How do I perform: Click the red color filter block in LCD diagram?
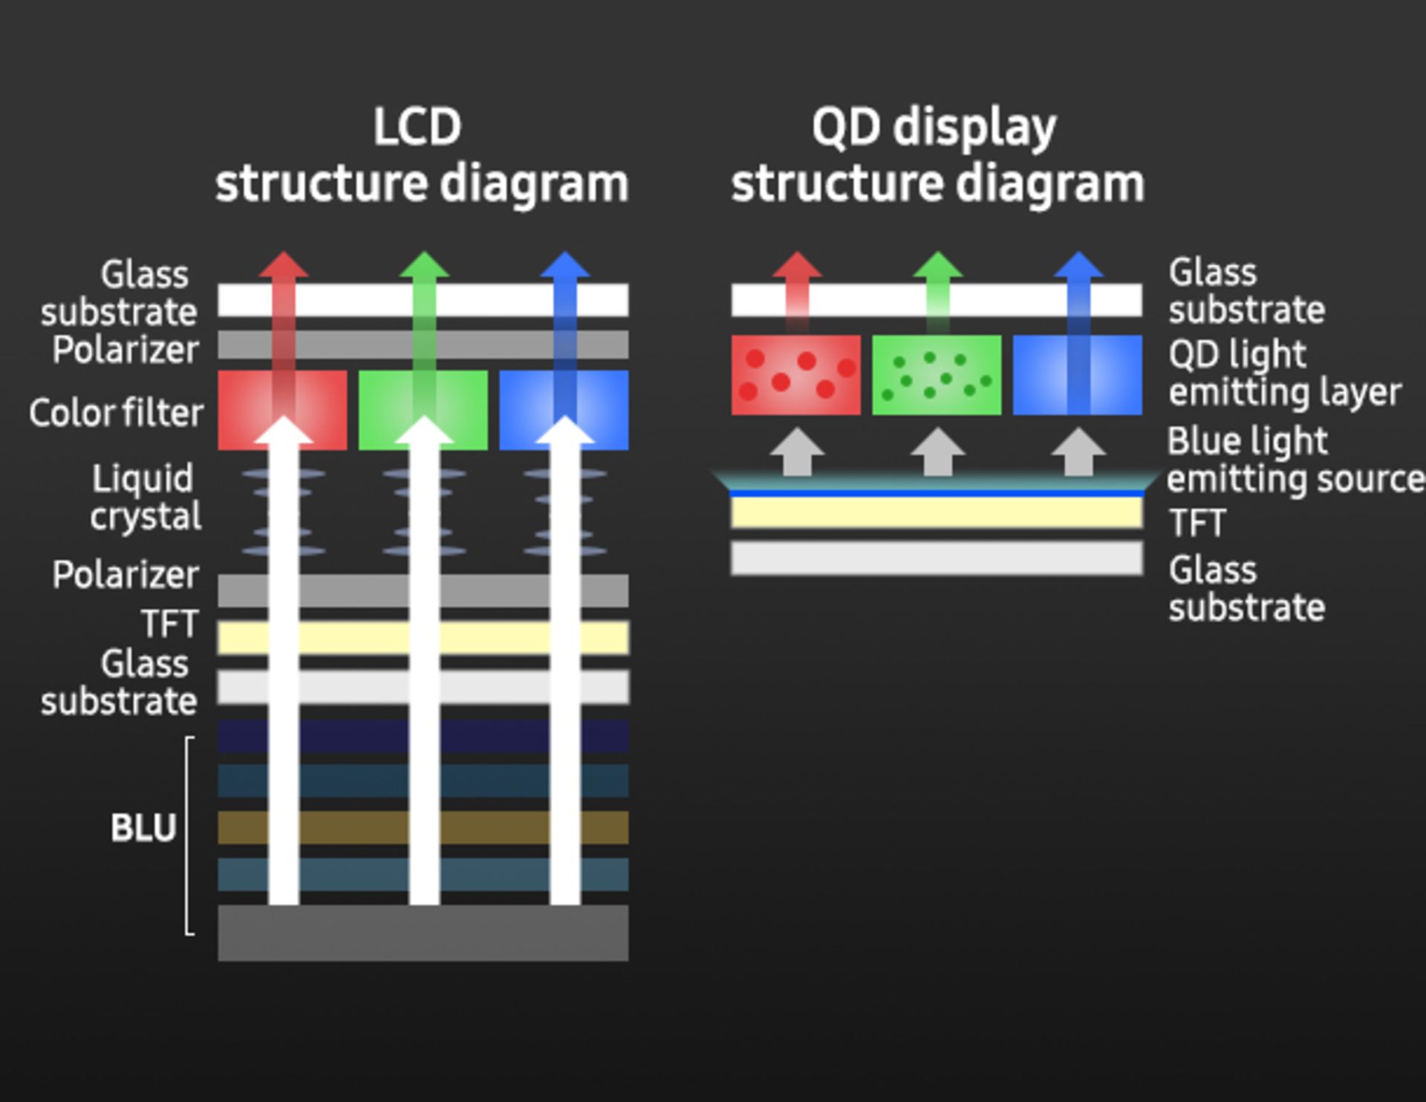click(x=245, y=410)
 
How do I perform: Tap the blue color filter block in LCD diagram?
click(x=602, y=410)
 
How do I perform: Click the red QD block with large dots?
click(x=795, y=374)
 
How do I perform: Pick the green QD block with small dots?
click(x=937, y=374)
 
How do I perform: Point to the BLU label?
click(x=143, y=827)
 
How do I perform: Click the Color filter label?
click(x=116, y=413)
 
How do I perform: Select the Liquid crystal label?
click(x=146, y=497)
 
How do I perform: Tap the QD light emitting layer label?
click(x=1284, y=373)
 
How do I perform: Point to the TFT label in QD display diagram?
click(x=1197, y=524)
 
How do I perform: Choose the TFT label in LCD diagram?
click(x=170, y=624)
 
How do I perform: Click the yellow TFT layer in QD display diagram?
click(x=936, y=512)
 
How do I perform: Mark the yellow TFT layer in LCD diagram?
click(x=349, y=638)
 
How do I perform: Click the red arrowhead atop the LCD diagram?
click(x=283, y=265)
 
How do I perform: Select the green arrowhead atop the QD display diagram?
click(x=937, y=265)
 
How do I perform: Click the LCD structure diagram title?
click(x=421, y=155)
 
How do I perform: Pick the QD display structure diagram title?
click(x=937, y=155)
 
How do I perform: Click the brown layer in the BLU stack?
click(x=349, y=827)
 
